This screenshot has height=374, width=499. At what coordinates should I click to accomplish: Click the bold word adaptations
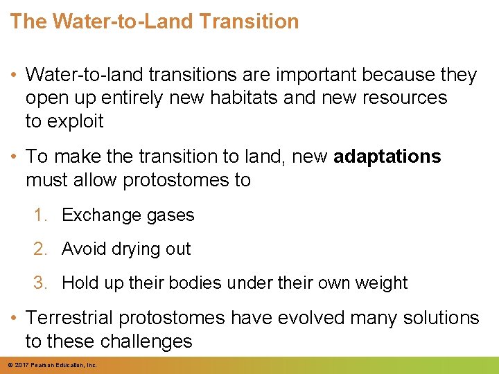(387, 157)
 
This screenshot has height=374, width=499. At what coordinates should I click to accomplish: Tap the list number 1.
(40, 215)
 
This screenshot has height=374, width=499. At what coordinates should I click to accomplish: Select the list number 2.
(40, 249)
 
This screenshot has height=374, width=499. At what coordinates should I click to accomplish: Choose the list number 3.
(40, 283)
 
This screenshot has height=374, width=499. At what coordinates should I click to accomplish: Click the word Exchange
(97, 215)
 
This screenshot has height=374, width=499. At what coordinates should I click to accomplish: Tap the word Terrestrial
(69, 318)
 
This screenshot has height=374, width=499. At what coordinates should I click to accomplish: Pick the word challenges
(146, 341)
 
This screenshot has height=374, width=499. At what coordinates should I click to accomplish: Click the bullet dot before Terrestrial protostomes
(15, 319)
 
